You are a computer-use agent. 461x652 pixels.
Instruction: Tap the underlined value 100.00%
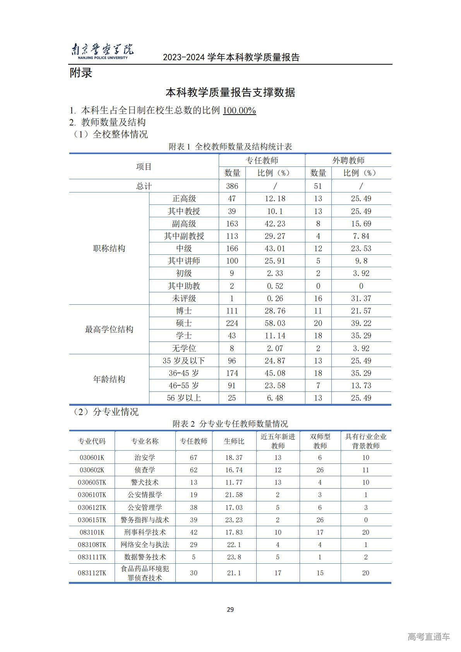(239, 111)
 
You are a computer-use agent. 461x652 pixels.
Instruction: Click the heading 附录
(81, 73)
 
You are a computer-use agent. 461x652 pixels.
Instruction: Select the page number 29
(230, 610)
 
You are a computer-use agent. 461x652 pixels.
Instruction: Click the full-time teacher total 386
(232, 186)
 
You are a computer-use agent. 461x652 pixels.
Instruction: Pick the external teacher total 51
(318, 186)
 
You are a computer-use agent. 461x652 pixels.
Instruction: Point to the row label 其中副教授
(184, 236)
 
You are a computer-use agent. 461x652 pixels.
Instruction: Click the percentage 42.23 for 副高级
(275, 224)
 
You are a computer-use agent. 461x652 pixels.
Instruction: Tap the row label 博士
(184, 311)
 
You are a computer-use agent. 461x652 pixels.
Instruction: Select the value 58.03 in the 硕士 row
(275, 323)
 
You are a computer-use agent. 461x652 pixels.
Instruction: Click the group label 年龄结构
(109, 379)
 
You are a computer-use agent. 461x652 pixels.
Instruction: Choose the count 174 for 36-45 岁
(232, 373)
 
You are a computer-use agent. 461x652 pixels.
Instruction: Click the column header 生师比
(234, 441)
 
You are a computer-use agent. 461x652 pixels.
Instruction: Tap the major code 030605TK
(92, 482)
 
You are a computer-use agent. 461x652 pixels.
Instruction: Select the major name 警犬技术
(145, 482)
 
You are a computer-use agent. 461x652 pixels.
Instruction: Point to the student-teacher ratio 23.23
(234, 520)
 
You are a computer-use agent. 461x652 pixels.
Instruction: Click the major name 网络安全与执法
(145, 545)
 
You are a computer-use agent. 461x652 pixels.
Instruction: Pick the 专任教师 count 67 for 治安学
(194, 458)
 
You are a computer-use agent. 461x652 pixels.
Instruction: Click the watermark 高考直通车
(428, 637)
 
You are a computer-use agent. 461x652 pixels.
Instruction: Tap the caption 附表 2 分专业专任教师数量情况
(230, 424)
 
